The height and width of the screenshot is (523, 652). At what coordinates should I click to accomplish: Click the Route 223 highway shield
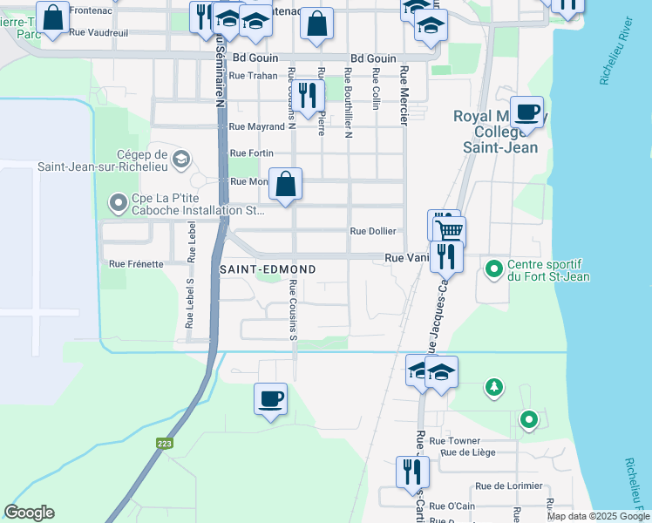click(x=166, y=444)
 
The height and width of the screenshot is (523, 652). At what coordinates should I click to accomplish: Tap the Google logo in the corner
click(x=29, y=513)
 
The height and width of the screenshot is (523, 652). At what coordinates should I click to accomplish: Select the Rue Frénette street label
click(x=136, y=263)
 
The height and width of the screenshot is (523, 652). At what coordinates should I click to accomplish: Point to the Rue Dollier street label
click(x=373, y=232)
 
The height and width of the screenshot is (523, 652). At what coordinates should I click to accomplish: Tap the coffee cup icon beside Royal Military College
click(x=526, y=112)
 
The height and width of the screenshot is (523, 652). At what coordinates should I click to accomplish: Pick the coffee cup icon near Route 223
click(x=270, y=398)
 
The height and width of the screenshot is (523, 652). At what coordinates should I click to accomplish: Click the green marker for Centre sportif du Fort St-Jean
click(x=494, y=268)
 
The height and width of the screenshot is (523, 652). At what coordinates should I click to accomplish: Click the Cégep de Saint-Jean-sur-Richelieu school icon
click(x=180, y=160)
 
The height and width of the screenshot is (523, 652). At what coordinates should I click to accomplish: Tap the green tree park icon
click(x=494, y=385)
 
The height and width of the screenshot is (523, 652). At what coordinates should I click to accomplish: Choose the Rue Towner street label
click(x=455, y=441)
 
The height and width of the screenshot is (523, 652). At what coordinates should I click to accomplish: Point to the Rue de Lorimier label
click(x=508, y=486)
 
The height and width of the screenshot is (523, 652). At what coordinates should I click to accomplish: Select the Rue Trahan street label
click(x=253, y=76)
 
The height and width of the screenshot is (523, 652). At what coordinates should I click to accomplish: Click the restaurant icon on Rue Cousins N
click(x=306, y=94)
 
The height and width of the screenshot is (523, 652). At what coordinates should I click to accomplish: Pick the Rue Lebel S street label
click(x=189, y=303)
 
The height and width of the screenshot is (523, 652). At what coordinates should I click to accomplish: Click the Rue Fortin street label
click(x=251, y=153)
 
